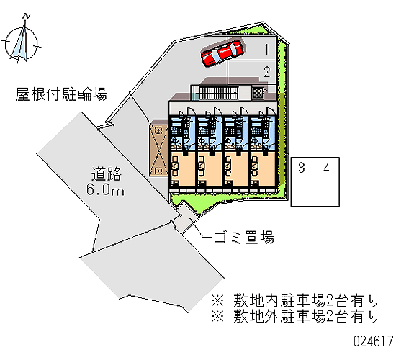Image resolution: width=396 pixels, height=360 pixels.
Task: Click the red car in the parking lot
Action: coord(222,53)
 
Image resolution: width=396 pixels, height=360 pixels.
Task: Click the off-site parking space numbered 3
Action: coord(303,181)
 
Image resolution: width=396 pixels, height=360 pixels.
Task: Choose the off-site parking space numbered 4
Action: coord(327,181)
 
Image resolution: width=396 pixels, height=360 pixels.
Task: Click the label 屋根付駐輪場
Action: coord(61,94)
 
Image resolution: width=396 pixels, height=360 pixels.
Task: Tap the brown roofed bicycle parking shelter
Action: coord(158,150)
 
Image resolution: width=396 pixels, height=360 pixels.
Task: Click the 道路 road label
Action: coord(107,174)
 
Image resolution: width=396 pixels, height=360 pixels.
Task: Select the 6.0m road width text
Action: coord(105,189)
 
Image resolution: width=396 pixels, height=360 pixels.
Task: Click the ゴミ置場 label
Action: coord(244,238)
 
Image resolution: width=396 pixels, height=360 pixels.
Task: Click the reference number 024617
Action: coord(373,341)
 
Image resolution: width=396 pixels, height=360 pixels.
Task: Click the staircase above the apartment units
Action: coord(218,93)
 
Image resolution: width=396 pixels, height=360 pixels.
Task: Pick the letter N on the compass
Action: coord(27,17)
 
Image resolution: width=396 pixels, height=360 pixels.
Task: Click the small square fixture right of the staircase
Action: coord(258,93)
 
